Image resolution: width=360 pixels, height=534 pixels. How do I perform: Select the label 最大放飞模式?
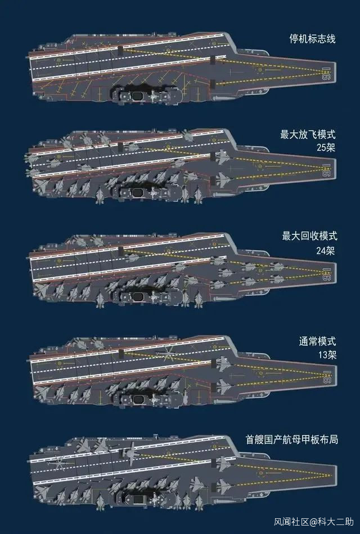point(308,135)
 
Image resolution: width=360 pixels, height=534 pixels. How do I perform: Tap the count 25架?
point(325,149)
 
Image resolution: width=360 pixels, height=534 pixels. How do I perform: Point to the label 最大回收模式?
point(308,236)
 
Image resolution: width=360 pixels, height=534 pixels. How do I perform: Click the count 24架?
point(325,250)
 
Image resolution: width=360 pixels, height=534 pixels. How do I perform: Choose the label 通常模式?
point(317,341)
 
